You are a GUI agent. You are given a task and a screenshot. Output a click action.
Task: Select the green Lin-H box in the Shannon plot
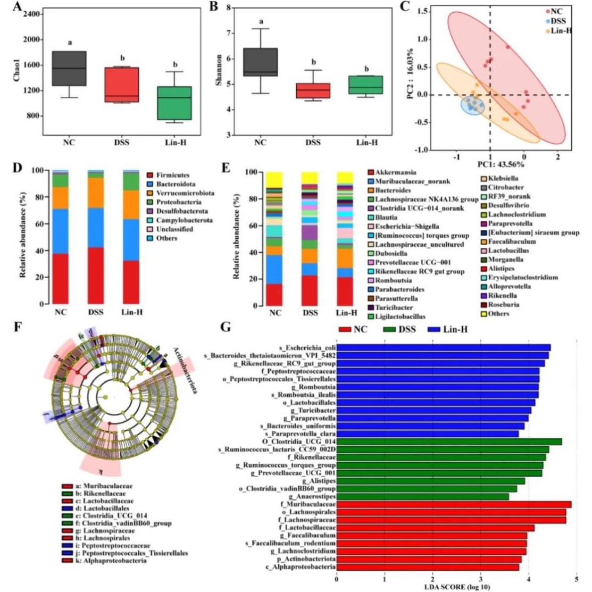(x=366, y=85)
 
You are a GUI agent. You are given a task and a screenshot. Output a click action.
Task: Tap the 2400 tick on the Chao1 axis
(x=31, y=14)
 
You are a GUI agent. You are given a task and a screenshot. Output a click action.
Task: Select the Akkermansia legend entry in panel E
(x=396, y=172)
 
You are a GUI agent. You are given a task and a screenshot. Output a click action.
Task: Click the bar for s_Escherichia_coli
(x=443, y=348)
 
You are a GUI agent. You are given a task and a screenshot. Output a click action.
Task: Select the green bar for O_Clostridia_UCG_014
(x=448, y=441)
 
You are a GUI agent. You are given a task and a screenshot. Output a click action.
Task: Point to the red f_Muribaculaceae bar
(x=453, y=504)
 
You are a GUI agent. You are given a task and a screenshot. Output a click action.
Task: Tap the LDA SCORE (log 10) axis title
(x=457, y=587)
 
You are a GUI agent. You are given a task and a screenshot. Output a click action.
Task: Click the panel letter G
(x=226, y=326)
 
